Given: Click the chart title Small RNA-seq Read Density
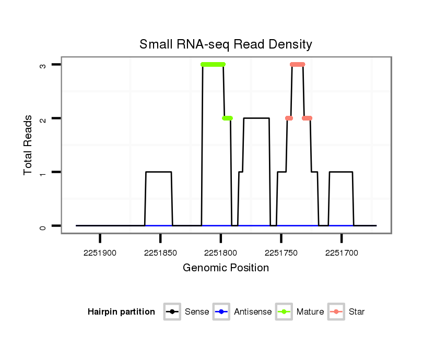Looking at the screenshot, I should coord(226,44).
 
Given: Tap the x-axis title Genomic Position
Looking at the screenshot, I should coord(226,268).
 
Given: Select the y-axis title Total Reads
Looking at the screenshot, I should coord(29,145).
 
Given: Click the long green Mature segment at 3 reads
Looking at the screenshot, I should coord(213,65).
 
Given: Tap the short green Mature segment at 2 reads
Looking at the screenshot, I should coord(227,118).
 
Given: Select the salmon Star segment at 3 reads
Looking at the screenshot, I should coord(298,65).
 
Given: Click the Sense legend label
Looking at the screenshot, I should coord(197,312).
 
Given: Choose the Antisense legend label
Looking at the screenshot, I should coord(253,312).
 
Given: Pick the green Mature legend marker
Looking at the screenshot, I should coord(284,312).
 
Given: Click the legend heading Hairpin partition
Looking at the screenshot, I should coord(122,312).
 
